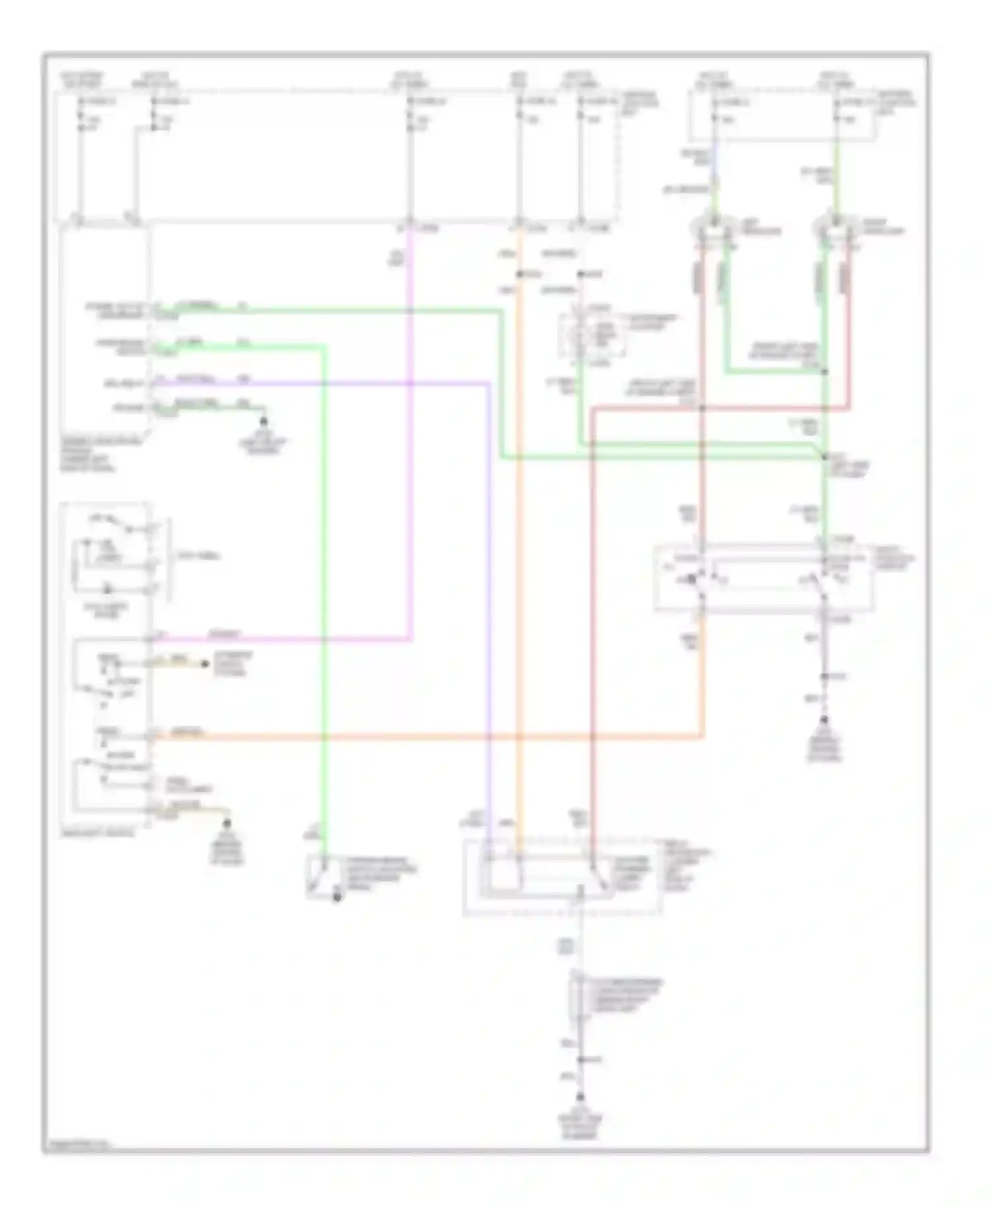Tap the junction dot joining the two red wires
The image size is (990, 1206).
click(x=702, y=408)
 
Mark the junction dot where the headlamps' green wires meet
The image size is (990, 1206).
click(x=824, y=372)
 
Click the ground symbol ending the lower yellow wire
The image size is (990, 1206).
click(x=228, y=823)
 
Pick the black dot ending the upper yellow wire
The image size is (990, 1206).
click(x=205, y=664)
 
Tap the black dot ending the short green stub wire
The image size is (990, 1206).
click(x=263, y=420)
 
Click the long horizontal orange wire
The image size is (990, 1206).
click(x=429, y=736)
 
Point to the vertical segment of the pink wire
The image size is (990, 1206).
click(x=411, y=429)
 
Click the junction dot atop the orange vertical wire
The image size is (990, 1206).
click(x=519, y=274)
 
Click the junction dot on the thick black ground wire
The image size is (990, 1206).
click(x=824, y=677)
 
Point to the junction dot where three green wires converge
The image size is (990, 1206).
click(x=824, y=457)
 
